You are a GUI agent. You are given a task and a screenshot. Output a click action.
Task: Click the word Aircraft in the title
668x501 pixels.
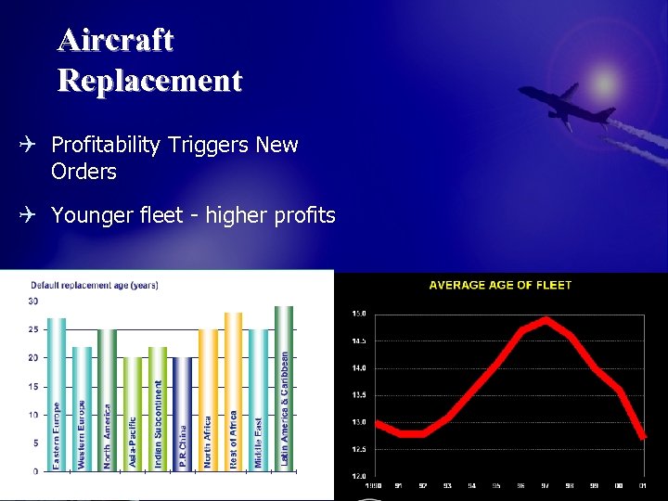pos(115,40)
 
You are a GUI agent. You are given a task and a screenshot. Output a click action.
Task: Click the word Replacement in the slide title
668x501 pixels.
pos(149,81)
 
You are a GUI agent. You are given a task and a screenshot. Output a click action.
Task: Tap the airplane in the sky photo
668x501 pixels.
pos(565,105)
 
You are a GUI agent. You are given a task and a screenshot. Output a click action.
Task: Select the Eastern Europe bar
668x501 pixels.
pos(57,394)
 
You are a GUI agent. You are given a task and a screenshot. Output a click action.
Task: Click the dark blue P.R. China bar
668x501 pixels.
pos(183,414)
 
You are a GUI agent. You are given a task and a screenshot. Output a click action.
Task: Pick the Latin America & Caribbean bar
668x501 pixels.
pos(284,388)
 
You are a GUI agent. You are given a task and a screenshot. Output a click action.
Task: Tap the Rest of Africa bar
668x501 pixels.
pos(233,392)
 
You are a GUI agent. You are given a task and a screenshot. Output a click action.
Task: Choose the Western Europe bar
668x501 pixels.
pos(82,408)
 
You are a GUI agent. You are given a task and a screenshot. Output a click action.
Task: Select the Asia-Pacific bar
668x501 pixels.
pos(133,414)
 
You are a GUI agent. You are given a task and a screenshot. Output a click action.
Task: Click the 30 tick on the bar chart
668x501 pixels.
pos(33,301)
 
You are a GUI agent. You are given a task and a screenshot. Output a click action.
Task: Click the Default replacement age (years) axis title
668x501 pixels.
pos(95,285)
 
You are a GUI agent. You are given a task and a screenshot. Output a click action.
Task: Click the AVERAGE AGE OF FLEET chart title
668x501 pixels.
pos(500,285)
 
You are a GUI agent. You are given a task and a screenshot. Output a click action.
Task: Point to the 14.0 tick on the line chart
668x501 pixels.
pos(358,368)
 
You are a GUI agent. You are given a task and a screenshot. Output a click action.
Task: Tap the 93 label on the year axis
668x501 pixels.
pos(447,485)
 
